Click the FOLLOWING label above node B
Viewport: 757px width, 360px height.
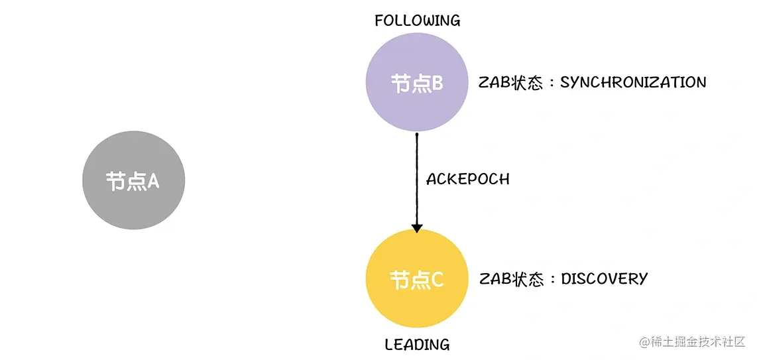tap(417, 21)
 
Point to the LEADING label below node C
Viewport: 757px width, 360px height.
tap(417, 345)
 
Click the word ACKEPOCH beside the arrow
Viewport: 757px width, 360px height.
tap(467, 179)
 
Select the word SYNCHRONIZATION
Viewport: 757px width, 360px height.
tap(633, 82)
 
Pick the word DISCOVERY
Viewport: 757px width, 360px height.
tap(604, 278)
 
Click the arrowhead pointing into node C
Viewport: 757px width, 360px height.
tap(417, 227)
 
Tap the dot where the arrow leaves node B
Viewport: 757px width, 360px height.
tap(417, 135)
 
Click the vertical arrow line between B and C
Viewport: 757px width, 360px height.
tap(417, 179)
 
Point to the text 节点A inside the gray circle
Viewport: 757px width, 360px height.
tap(133, 182)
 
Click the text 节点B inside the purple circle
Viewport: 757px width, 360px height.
tap(417, 84)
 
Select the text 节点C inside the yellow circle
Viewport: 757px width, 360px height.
tap(417, 280)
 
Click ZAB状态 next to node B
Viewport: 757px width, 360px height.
tap(510, 83)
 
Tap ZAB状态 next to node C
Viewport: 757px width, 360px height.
tap(511, 279)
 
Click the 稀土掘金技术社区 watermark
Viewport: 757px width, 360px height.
tap(693, 341)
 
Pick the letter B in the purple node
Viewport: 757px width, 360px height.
tap(437, 84)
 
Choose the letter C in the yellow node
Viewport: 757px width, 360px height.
tap(437, 280)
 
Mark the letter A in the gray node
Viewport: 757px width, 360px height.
tap(153, 182)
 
